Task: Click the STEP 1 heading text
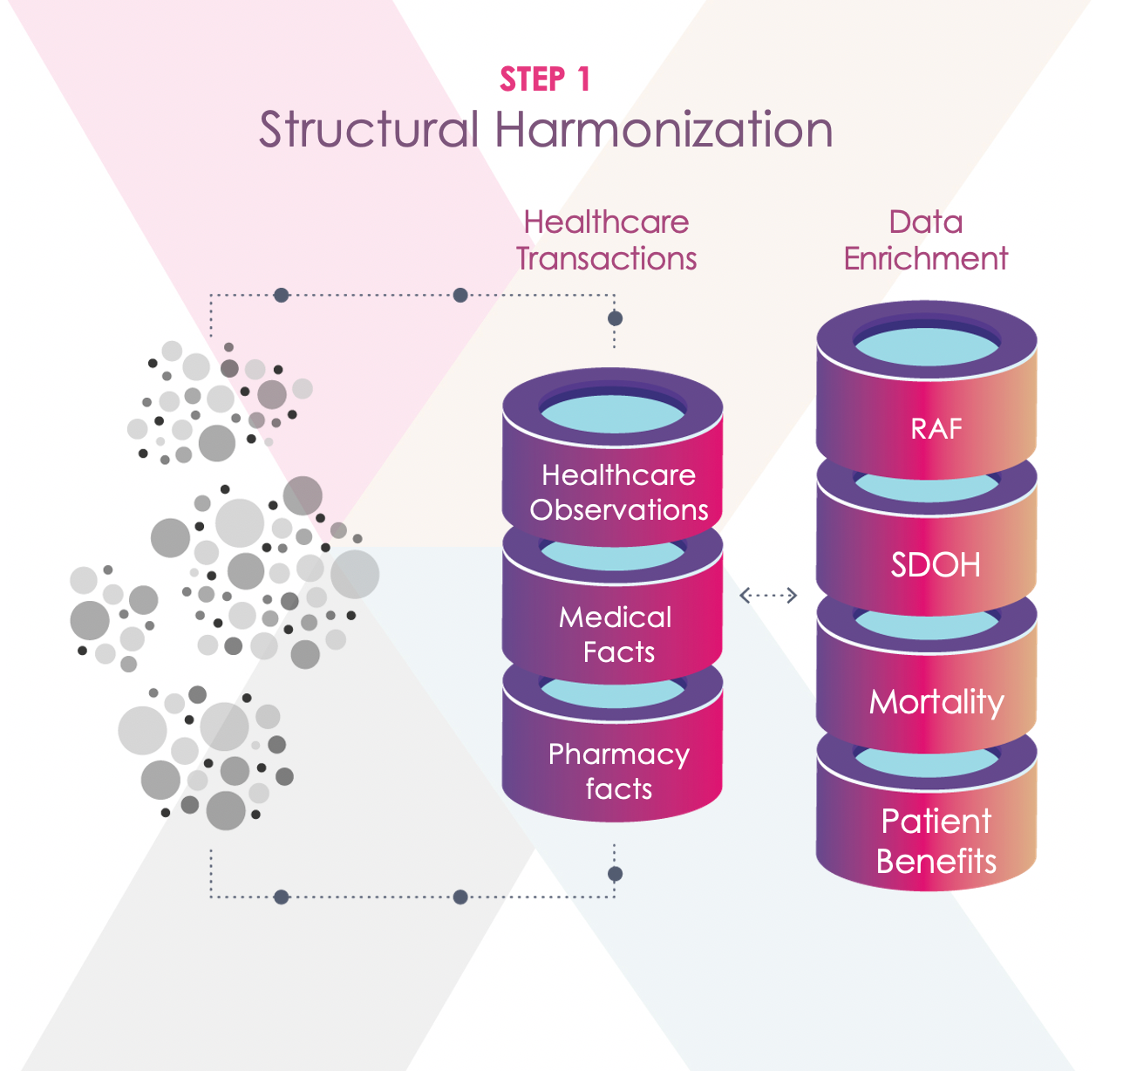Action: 545,79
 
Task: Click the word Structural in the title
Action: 369,129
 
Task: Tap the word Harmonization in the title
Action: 664,129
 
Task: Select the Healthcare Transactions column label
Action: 606,240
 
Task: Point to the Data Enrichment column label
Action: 926,240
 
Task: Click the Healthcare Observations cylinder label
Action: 618,493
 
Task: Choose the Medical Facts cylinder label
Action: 616,634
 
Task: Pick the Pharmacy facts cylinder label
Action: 618,771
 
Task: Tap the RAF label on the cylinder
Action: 936,429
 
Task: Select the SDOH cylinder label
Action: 936,565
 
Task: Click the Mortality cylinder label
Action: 936,702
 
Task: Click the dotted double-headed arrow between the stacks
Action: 768,596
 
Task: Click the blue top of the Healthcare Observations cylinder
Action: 613,413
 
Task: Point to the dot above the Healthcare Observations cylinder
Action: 615,318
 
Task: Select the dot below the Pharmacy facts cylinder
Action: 615,874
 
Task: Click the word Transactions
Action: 606,259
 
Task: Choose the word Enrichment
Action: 926,259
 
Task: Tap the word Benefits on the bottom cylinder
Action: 936,862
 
